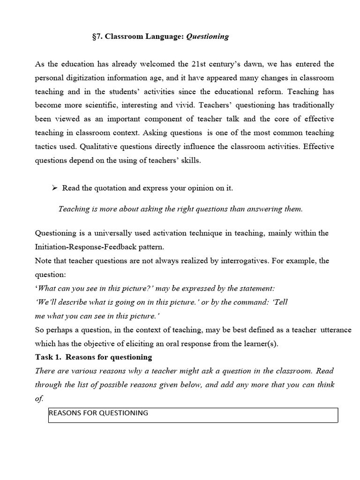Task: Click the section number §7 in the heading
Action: click(98, 37)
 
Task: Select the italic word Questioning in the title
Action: click(208, 37)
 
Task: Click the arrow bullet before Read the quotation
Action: click(54, 188)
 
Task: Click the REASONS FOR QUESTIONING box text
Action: click(98, 413)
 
